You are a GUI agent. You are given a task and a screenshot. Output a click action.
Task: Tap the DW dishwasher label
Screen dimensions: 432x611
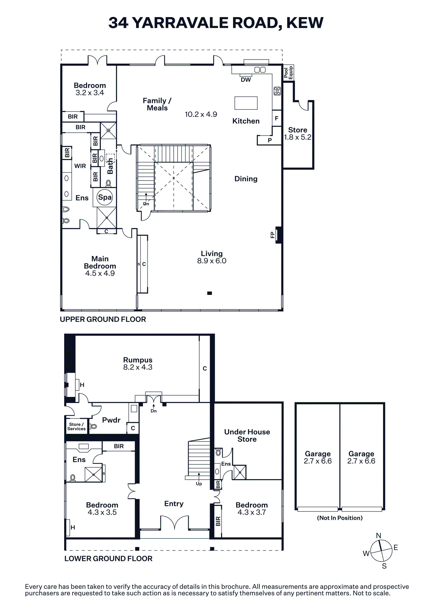pyautogui.click(x=246, y=80)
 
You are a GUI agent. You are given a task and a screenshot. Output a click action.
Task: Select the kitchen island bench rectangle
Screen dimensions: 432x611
pyautogui.click(x=246, y=103)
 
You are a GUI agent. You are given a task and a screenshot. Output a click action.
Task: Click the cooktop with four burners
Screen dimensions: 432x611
pyautogui.click(x=277, y=91)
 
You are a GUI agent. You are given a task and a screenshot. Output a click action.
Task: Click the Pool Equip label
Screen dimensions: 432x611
pyautogui.click(x=288, y=72)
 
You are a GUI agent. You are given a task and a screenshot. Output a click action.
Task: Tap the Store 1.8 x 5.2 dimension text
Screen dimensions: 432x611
pyautogui.click(x=298, y=137)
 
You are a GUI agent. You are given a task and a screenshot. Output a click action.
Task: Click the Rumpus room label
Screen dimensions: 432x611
pyautogui.click(x=138, y=360)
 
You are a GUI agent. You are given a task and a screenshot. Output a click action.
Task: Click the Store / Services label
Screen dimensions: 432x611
pyautogui.click(x=76, y=426)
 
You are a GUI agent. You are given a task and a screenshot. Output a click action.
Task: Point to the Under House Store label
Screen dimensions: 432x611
pyautogui.click(x=247, y=435)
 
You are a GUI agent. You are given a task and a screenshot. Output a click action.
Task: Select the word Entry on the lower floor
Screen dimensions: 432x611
pyautogui.click(x=174, y=504)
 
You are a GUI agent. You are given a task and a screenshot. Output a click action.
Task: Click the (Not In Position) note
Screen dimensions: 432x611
pyautogui.click(x=340, y=518)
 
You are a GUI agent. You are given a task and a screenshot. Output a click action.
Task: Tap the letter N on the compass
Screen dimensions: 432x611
pyautogui.click(x=379, y=535)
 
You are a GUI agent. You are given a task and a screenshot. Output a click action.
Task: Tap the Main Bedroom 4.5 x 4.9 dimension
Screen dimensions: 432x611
pyautogui.click(x=100, y=273)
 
